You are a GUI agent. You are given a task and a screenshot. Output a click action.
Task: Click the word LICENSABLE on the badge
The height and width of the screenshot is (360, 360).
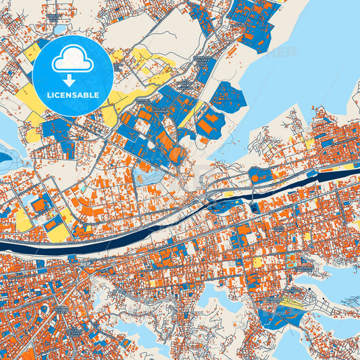pyautogui.click(x=72, y=95)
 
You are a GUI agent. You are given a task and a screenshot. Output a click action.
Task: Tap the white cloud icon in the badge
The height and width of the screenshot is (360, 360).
pyautogui.click(x=72, y=59)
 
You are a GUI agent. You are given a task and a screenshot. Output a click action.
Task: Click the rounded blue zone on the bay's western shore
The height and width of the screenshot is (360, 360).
pyautogui.click(x=228, y=98)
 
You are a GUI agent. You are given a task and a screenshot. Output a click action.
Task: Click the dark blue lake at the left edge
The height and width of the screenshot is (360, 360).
pyautogui.click(x=5, y=159)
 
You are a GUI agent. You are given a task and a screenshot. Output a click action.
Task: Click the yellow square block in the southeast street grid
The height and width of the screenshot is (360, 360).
pyautogui.click(x=257, y=261)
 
